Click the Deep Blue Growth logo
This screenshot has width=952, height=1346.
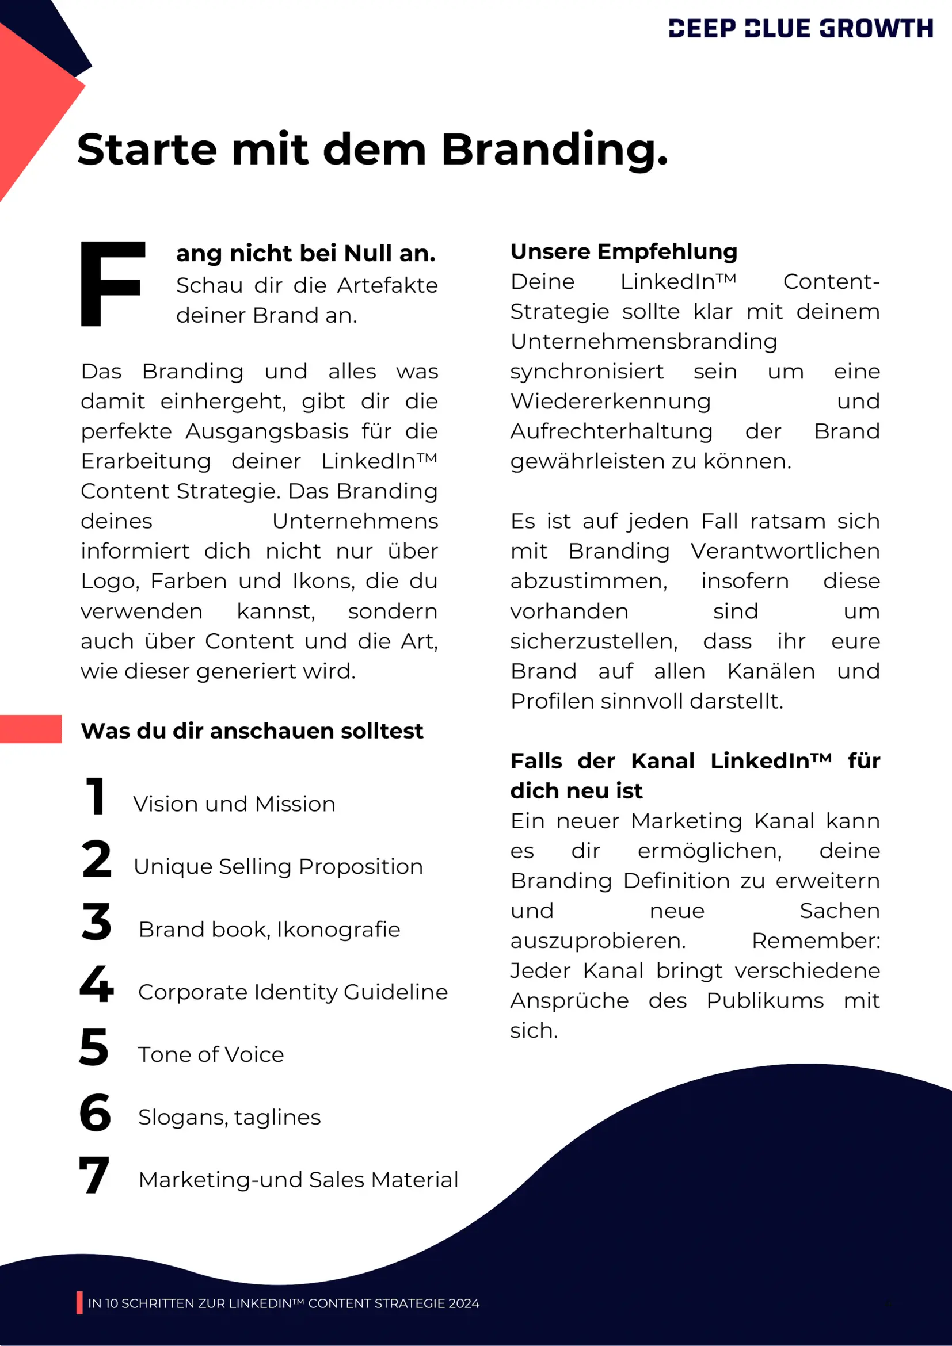800,28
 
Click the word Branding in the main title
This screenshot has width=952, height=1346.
554,150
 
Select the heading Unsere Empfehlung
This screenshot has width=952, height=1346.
623,251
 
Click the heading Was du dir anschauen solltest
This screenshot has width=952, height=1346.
252,731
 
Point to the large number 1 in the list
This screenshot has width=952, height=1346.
95,796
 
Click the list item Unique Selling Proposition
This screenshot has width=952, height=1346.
278,866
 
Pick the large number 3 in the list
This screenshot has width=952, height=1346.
96,921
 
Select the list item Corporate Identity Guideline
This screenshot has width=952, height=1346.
293,992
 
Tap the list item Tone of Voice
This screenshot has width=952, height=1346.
211,1054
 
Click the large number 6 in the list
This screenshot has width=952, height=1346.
95,1112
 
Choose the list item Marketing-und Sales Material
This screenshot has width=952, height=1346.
298,1180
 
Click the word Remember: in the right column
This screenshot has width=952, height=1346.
816,941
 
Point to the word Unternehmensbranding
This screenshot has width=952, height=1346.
643,342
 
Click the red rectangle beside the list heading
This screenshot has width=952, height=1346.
31,729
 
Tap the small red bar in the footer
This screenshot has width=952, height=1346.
79,1303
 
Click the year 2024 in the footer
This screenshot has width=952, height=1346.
463,1303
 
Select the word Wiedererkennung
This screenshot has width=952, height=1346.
610,401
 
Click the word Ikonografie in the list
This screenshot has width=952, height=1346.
338,930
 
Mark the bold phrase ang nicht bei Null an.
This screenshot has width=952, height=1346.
306,253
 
